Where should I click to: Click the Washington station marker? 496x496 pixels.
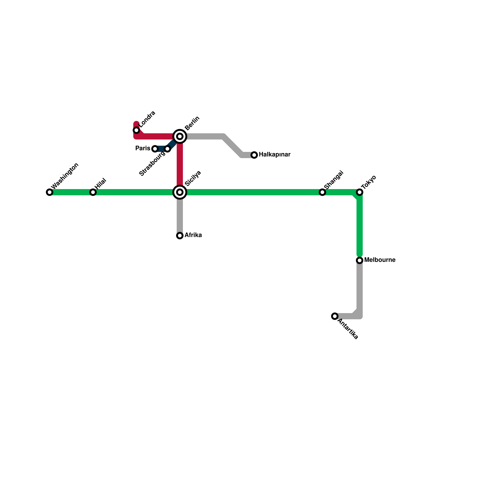(50, 192)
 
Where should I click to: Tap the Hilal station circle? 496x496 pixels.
(93, 192)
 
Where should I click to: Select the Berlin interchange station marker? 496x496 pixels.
(180, 136)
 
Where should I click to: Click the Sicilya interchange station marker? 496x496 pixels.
(180, 192)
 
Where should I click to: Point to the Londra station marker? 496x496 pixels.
(136, 130)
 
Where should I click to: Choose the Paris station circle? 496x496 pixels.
(155, 149)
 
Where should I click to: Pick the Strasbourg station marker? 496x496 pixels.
(168, 149)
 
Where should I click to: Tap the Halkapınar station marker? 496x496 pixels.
(254, 155)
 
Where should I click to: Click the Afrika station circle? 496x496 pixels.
(180, 236)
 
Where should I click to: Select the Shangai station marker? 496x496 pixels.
(322, 192)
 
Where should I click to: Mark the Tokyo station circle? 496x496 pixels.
(360, 192)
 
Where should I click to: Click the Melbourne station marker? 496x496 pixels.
(360, 260)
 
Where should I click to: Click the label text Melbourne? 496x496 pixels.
(380, 260)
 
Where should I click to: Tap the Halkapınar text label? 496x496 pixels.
(274, 154)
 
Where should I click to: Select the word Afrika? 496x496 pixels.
(193, 235)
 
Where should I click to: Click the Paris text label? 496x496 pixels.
(143, 148)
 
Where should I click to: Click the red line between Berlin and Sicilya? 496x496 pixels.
(180, 164)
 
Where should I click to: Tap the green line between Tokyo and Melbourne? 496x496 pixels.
(360, 226)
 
